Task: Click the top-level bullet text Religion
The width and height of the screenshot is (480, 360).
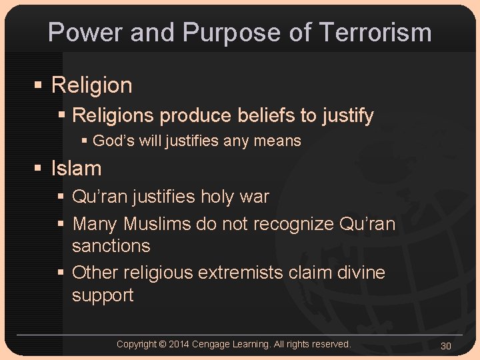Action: click(92, 85)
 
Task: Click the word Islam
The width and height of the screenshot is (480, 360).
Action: click(77, 169)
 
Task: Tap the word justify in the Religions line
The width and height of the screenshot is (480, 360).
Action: click(347, 116)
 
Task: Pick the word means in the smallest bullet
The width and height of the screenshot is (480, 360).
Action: click(281, 141)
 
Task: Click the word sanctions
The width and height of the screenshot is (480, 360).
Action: click(111, 245)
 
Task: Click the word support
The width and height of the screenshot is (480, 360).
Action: click(103, 295)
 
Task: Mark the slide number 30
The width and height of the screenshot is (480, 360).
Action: click(446, 345)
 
